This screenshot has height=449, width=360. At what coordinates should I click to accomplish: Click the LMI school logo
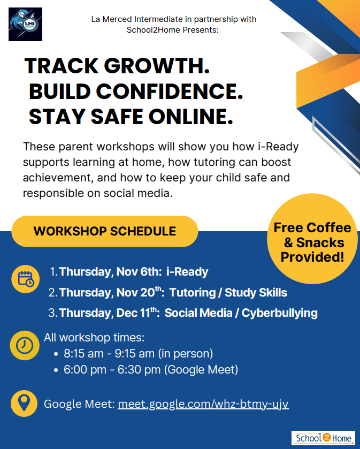[26, 24]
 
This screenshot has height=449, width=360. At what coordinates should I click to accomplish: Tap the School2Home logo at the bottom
[323, 438]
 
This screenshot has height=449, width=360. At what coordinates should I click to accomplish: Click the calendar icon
[26, 279]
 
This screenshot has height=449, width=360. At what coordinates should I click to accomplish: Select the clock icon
[25, 345]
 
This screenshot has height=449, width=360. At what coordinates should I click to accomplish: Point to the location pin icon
[24, 403]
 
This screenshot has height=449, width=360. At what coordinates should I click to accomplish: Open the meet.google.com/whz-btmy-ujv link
[203, 404]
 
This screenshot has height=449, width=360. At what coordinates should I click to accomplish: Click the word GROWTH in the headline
[157, 66]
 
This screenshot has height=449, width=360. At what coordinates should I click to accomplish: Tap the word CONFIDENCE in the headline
[169, 92]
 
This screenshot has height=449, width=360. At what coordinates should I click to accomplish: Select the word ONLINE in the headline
[190, 117]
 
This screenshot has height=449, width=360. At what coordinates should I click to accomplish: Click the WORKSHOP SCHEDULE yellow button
[105, 231]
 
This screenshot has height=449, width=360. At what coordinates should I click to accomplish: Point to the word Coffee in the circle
[328, 227]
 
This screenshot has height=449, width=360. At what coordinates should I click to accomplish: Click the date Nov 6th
[139, 271]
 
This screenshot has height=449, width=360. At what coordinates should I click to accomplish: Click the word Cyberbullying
[280, 313]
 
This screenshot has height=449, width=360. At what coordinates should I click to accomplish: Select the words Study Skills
[256, 293]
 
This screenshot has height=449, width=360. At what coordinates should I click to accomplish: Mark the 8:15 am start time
[83, 354]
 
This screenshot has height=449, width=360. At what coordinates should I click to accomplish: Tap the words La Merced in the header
[112, 19]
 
